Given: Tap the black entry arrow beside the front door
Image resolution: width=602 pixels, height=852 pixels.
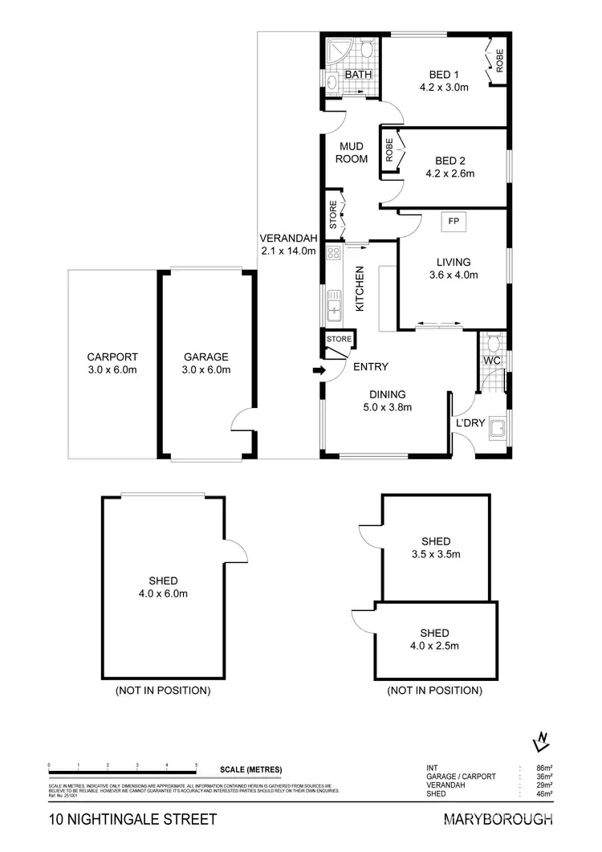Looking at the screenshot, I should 318,371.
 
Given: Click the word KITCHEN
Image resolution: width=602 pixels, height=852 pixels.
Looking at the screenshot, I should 360,289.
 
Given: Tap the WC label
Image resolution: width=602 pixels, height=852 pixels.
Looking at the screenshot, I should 492,361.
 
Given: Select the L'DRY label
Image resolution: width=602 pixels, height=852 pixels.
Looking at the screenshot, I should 470,425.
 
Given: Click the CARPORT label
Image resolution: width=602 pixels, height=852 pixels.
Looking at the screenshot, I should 112,357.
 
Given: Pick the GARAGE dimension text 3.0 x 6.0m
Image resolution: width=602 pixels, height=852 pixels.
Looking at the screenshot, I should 206,370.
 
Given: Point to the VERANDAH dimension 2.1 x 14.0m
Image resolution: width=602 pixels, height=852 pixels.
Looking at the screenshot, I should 289,251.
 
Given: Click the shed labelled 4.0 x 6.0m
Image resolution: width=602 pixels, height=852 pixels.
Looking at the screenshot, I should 163,587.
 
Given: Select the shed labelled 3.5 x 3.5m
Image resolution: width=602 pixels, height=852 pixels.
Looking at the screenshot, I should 434,548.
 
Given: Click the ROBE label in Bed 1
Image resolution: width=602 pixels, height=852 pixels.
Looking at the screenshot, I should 499,61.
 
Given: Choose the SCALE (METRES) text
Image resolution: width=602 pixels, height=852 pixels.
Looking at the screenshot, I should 250,770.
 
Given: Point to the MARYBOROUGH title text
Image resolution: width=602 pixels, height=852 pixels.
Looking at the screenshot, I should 498,820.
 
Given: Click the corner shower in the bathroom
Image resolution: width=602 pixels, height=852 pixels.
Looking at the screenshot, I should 336,51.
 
